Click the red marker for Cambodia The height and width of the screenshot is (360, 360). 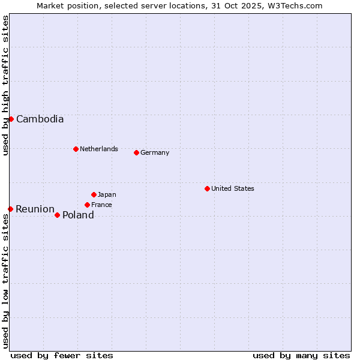11,119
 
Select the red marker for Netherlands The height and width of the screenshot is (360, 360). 76,149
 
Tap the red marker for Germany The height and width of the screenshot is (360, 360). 136,152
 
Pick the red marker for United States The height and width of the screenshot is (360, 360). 207,188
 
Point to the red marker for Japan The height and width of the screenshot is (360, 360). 94,194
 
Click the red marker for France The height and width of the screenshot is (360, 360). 87,205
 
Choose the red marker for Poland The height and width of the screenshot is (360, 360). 57,215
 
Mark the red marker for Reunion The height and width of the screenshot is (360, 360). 10,209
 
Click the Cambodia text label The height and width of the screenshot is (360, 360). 40,119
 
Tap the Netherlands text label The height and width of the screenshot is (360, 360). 98,149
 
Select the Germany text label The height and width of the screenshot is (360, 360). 155,152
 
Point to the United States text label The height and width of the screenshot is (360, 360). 232,188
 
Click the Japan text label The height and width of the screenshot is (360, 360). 107,194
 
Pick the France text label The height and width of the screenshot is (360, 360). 101,205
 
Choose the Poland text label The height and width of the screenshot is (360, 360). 78,215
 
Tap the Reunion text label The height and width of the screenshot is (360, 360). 35,209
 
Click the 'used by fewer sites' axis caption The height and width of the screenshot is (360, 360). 62,355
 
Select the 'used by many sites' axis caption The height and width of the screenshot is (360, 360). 301,355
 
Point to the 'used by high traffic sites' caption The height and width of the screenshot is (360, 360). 5,85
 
